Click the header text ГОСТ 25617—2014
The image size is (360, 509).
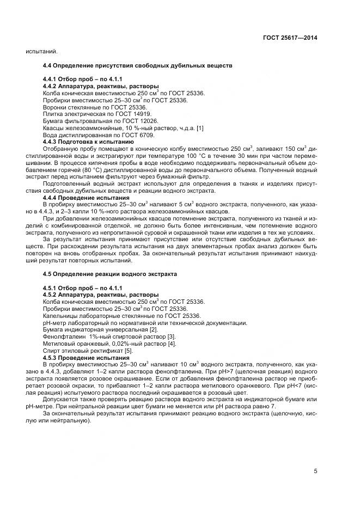click(290, 37)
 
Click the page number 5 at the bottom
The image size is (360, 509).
click(315, 471)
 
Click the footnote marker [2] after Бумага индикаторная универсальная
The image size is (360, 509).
click(154, 330)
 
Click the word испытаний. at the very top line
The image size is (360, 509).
click(40, 52)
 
